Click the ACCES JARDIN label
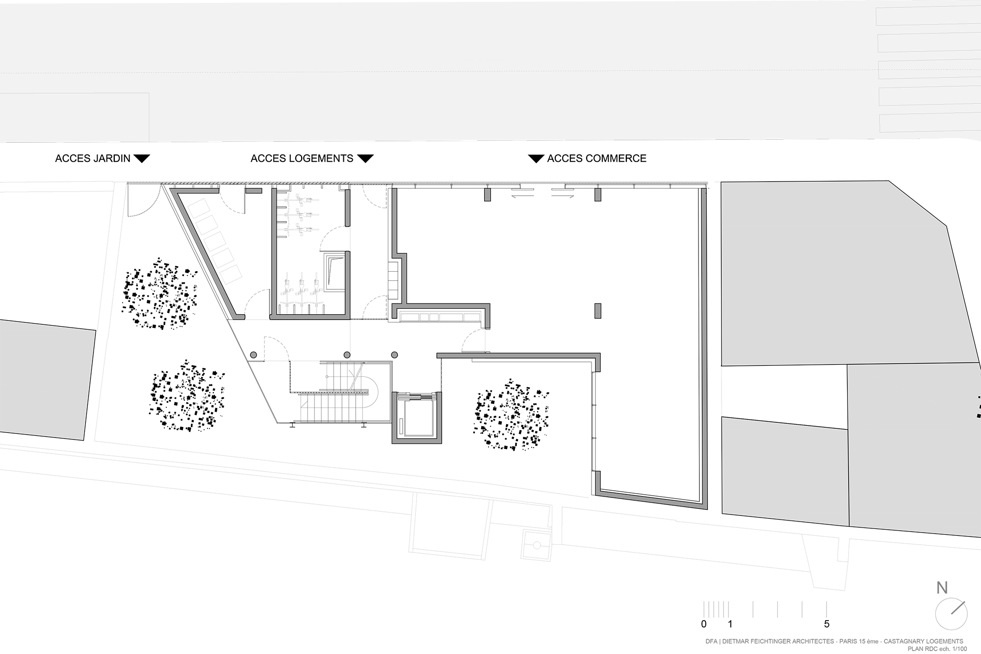click(93, 158)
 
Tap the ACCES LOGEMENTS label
click(302, 158)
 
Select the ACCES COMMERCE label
click(596, 158)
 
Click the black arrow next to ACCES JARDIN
click(142, 158)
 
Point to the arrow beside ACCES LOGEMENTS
click(365, 158)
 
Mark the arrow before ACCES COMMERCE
click(536, 158)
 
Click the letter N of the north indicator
click(942, 588)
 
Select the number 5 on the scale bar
click(826, 624)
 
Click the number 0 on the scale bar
click(704, 624)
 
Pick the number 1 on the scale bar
click(730, 624)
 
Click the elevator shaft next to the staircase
click(417, 418)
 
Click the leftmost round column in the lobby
click(254, 354)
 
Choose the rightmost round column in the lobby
click(394, 354)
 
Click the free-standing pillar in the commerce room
click(597, 311)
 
